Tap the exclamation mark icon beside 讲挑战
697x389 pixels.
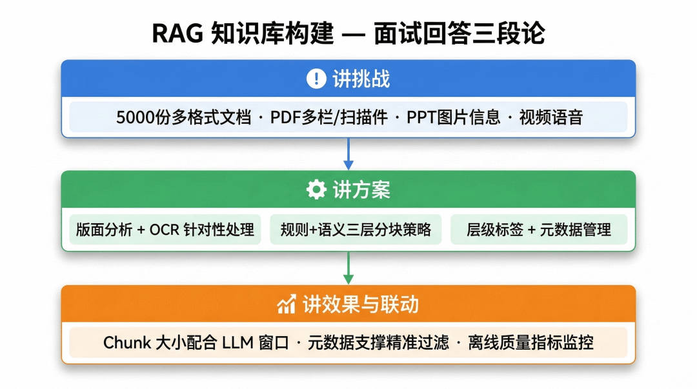316,79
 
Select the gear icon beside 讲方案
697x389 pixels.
316,190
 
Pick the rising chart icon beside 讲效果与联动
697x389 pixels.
287,304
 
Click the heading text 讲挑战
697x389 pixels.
361,79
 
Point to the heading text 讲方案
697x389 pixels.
361,190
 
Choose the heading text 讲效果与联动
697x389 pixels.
360,304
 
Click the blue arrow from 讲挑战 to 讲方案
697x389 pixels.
348,154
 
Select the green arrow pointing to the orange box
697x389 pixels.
348,268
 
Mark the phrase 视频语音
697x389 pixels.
551,117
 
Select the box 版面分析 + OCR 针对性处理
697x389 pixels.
165,230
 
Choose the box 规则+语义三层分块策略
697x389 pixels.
356,230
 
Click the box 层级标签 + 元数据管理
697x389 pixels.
539,230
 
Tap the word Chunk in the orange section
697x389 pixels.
126,343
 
